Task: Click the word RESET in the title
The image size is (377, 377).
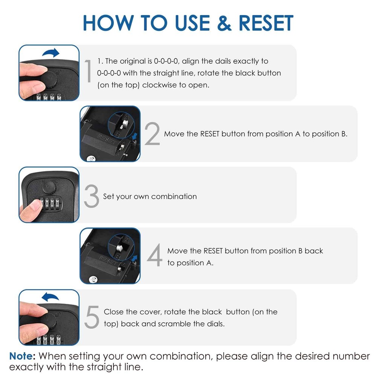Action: coord(266,23)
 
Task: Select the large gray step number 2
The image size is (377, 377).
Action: coord(152,134)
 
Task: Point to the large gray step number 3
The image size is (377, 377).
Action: coord(91,196)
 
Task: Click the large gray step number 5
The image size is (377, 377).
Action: coord(92,317)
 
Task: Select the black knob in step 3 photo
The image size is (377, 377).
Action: coord(50,187)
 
